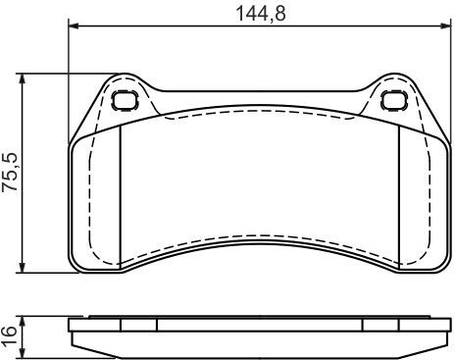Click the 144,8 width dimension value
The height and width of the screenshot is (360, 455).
261,14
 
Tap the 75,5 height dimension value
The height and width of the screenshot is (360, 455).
10,173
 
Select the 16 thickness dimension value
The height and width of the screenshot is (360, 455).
9,335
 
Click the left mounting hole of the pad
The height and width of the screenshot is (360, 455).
125,100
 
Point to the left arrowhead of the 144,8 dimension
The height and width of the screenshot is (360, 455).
75,26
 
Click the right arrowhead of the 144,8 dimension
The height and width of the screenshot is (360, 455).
446,26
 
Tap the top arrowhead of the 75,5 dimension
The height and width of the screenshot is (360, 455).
22,79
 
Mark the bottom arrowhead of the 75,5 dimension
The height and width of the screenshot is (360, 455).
22,267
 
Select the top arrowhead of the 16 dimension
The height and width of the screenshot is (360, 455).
22,322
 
